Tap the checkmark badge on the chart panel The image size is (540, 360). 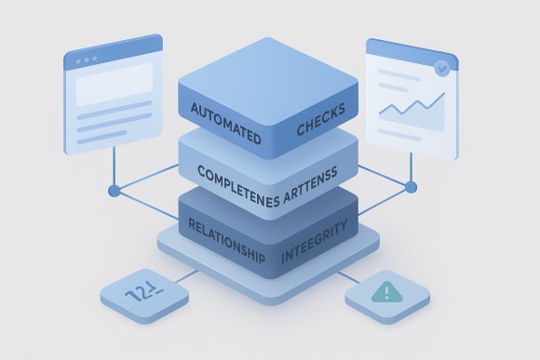[x=441, y=67]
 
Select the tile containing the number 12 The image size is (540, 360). [x=143, y=295]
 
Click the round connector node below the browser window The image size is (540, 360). [x=115, y=191]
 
